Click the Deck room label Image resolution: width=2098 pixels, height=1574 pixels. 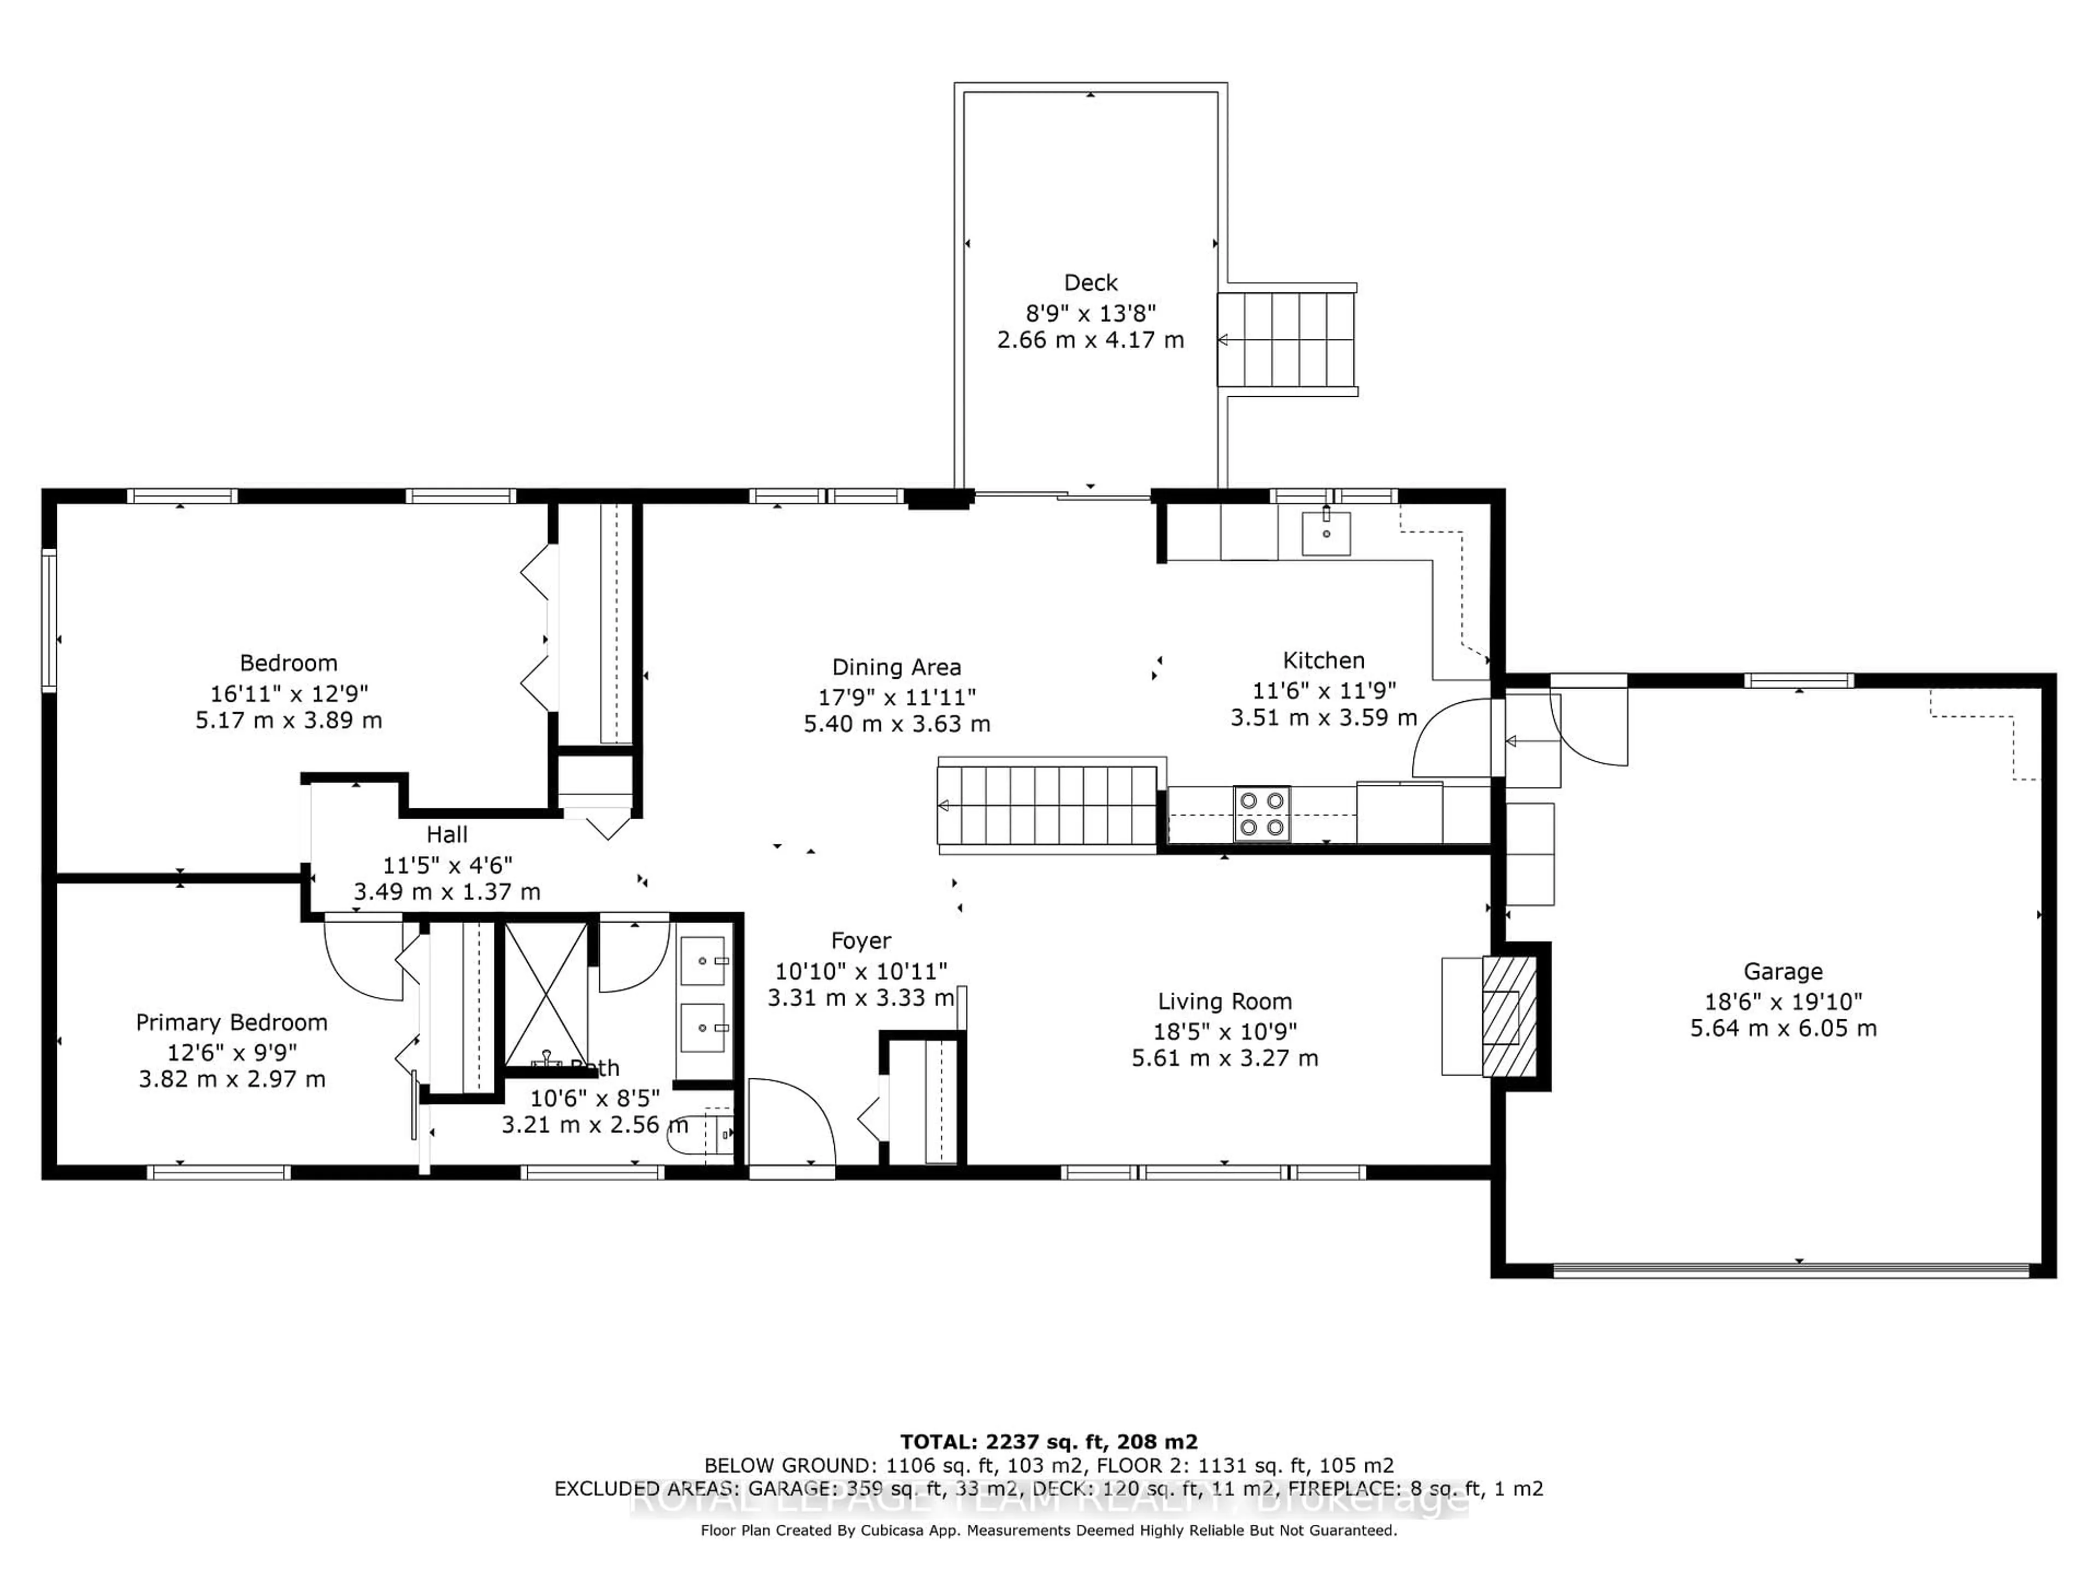coord(1091,283)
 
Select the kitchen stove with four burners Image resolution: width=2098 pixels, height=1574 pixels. coord(1262,814)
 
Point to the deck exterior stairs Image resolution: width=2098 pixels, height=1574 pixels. coord(1287,339)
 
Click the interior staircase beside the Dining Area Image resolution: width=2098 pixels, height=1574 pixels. coord(1047,807)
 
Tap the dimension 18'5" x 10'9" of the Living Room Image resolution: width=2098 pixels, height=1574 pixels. coord(1224,1031)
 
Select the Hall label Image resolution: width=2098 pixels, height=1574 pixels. coord(447,835)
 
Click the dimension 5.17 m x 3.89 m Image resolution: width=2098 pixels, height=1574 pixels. coord(288,720)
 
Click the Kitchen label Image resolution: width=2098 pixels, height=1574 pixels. coord(1323,660)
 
